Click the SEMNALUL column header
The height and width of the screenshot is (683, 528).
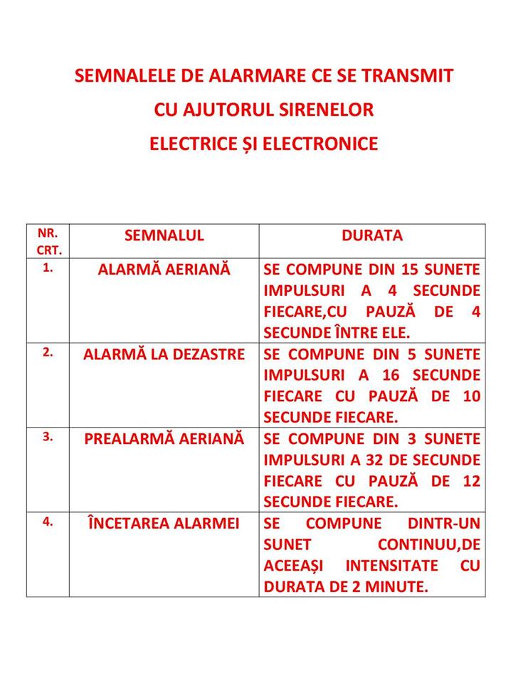(164, 235)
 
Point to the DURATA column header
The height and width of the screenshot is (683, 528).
(372, 235)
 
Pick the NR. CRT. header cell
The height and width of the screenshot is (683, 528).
(48, 241)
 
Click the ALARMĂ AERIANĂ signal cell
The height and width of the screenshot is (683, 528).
(164, 270)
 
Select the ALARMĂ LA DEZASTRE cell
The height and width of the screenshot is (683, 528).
(164, 354)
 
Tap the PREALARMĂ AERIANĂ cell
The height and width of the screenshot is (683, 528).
(164, 438)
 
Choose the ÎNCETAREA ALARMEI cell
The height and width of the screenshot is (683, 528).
(164, 523)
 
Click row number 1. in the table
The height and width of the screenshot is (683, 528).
(48, 270)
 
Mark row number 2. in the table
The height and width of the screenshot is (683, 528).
(48, 354)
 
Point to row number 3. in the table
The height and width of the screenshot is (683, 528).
(48, 438)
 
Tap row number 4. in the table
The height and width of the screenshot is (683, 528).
(48, 521)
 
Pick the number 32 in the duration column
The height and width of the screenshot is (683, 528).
(355, 460)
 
